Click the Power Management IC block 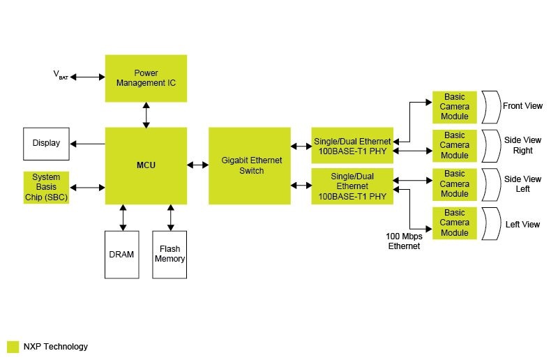click(x=146, y=78)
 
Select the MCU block click(x=146, y=165)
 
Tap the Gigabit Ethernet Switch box click(x=250, y=165)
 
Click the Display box click(x=46, y=143)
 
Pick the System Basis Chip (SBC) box click(x=46, y=187)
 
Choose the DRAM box click(x=121, y=255)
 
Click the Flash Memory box click(x=169, y=255)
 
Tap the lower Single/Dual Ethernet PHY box click(x=352, y=186)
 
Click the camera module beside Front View click(x=454, y=107)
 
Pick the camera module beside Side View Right click(x=454, y=145)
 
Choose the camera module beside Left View click(x=454, y=223)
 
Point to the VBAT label click(x=60, y=75)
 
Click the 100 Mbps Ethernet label click(x=404, y=241)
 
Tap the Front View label click(x=522, y=106)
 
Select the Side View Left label click(x=522, y=184)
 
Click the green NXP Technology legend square click(x=13, y=346)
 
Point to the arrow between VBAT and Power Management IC click(x=87, y=77)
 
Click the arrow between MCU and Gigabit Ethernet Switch click(x=198, y=165)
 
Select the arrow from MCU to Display click(x=87, y=144)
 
